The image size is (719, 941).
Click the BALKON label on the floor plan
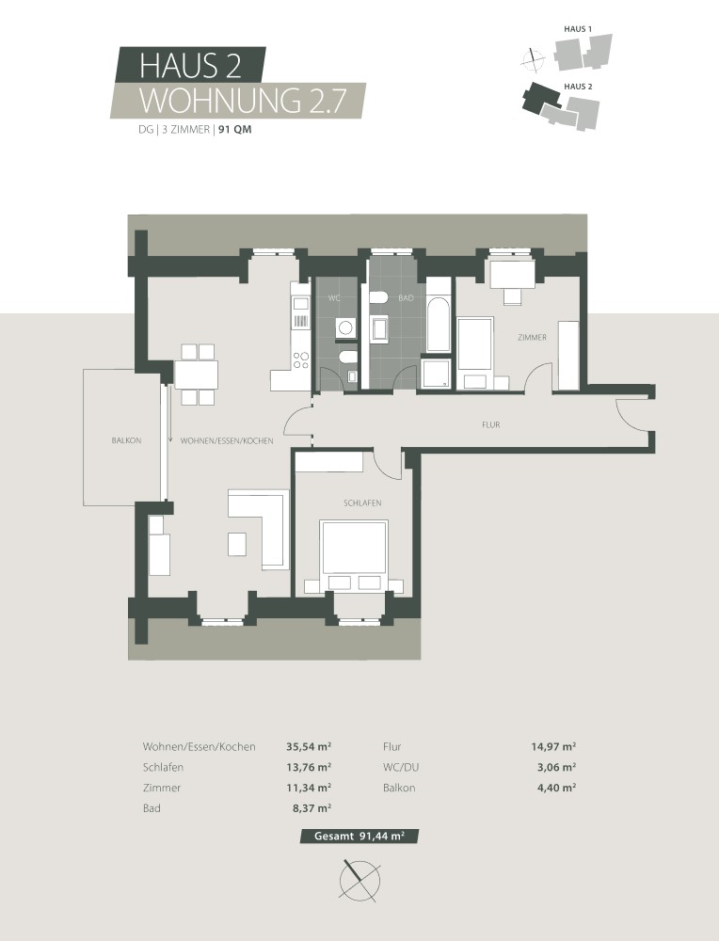point(125,440)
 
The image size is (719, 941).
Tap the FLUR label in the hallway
point(489,425)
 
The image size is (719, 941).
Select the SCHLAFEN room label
point(362,503)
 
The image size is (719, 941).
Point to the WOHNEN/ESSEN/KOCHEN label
point(227,440)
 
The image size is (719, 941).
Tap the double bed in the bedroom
point(355,550)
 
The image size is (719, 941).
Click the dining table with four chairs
point(196,375)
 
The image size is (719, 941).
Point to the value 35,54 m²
point(308,746)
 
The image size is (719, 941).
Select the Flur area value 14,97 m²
point(553,746)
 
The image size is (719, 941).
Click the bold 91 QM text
point(235,131)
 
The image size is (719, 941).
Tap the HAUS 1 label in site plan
point(577,31)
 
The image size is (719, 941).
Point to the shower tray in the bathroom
point(437,374)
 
